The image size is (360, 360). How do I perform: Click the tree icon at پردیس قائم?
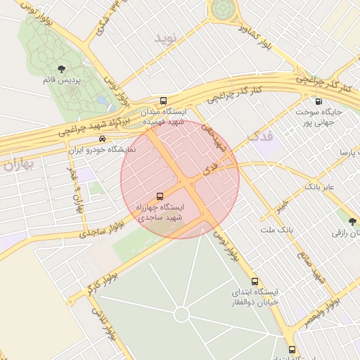(61, 69)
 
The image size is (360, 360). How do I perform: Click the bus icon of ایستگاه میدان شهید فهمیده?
(164, 101)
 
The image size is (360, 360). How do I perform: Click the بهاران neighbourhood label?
(18, 166)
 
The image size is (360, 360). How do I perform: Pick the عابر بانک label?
(319, 187)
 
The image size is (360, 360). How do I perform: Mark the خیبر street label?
(282, 205)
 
